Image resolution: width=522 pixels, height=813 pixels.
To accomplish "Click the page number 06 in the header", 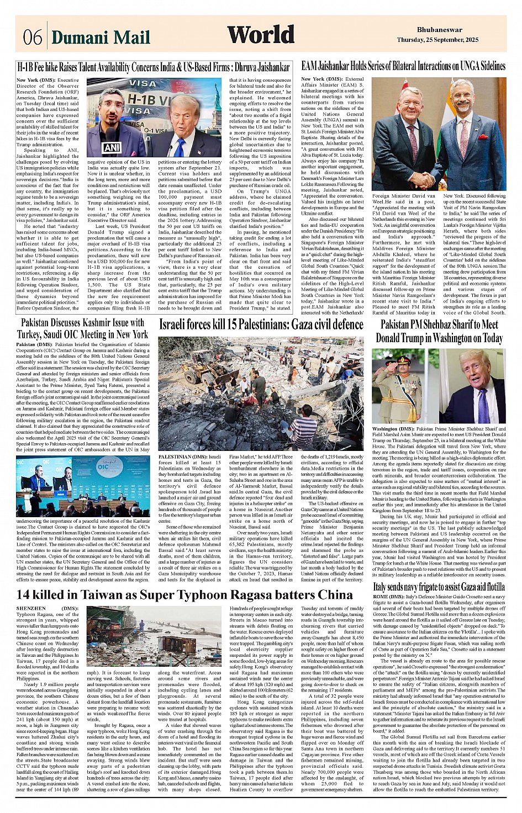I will [x=32, y=37].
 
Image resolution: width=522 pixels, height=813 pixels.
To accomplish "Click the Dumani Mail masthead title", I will [x=101, y=37].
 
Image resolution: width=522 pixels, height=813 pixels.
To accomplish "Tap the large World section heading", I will [x=260, y=35].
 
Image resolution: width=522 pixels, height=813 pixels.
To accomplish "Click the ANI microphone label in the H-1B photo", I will [x=112, y=148].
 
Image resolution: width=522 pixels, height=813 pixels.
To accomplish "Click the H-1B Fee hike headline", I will [x=154, y=67].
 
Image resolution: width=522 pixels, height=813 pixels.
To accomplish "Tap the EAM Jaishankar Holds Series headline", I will [x=403, y=66].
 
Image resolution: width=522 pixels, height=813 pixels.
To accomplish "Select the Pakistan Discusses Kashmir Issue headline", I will [x=83, y=328].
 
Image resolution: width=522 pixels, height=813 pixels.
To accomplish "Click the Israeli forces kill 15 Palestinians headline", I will [x=261, y=325].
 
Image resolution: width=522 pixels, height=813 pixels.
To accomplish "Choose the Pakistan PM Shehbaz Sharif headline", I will [x=439, y=331].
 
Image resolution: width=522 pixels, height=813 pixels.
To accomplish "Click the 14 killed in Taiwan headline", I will [x=184, y=594].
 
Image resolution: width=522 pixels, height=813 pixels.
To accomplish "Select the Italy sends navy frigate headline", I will [x=439, y=587].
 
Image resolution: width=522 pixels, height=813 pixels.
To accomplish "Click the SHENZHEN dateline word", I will [x=31, y=608].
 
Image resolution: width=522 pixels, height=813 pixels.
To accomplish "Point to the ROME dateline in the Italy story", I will [x=381, y=597].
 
